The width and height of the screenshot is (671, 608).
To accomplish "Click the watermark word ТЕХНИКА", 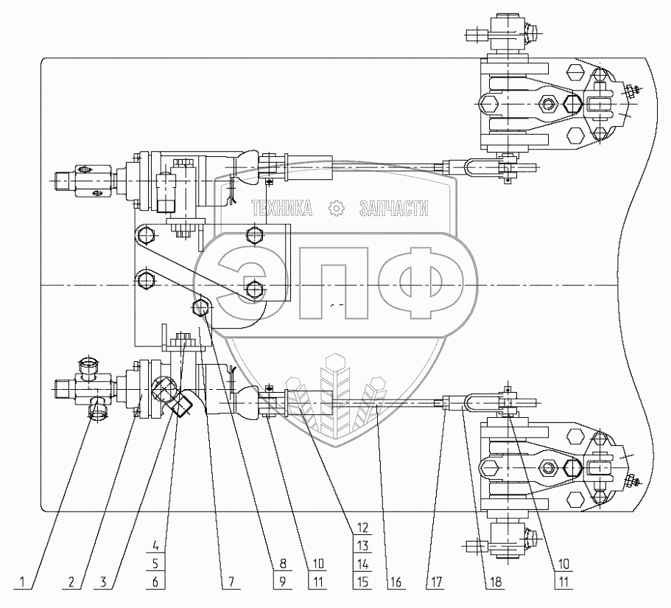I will [281, 209].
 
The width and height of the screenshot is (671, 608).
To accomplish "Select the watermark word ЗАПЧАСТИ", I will [393, 209].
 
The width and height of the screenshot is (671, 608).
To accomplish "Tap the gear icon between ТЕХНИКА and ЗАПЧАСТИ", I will [337, 209].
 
